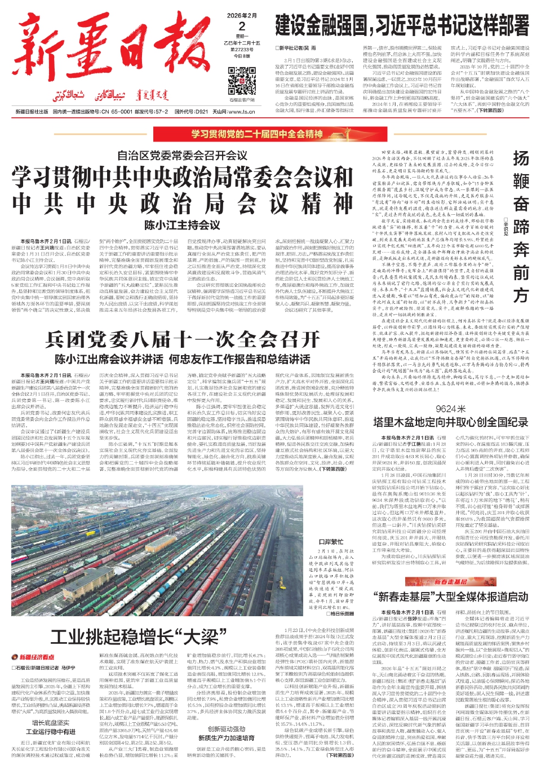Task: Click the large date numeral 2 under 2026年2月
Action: [x=242, y=26]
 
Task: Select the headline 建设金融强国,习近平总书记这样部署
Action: [x=402, y=26]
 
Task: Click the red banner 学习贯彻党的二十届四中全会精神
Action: [x=256, y=134]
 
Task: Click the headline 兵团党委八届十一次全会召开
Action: [x=183, y=339]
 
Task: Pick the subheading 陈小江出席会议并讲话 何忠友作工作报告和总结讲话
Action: [x=183, y=359]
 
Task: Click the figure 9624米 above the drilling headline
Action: [x=450, y=409]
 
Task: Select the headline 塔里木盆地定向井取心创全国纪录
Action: [x=450, y=422]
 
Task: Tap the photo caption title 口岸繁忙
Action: [x=331, y=542]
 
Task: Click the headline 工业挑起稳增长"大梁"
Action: [x=135, y=637]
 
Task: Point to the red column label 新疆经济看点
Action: [x=34, y=657]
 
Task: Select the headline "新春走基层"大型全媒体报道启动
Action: [x=450, y=597]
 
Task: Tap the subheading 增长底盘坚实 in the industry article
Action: [x=51, y=723]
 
